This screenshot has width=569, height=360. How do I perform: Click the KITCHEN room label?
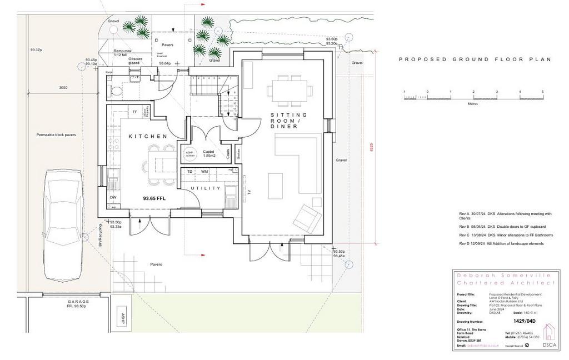pyautogui.click(x=148, y=136)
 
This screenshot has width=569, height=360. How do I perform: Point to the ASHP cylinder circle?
pyautogui.click(x=189, y=154)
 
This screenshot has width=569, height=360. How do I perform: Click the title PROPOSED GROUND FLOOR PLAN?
pyautogui.click(x=475, y=59)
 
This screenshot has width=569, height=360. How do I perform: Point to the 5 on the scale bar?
pyautogui.click(x=542, y=91)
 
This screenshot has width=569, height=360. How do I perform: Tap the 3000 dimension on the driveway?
pyautogui.click(x=63, y=87)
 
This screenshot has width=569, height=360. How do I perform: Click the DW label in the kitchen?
pyautogui.click(x=113, y=197)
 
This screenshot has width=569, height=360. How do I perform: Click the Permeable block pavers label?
pyautogui.click(x=56, y=135)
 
